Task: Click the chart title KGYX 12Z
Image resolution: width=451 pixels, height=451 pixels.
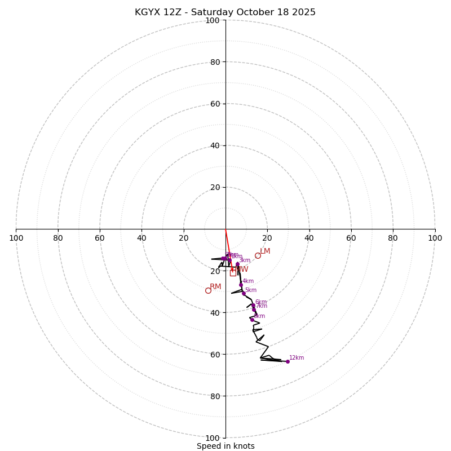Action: [x=225, y=12]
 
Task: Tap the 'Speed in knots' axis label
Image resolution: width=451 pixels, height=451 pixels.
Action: [x=225, y=446]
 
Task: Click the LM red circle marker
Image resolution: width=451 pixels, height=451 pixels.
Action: [x=258, y=255]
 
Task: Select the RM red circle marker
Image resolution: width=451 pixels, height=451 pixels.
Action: [x=208, y=290]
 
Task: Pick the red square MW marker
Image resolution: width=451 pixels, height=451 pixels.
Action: [x=233, y=273]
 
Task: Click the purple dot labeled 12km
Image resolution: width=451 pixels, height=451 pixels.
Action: [x=288, y=361]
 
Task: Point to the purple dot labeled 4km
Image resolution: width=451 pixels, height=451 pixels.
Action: [x=241, y=285]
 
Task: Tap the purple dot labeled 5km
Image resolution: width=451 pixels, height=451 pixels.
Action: [x=244, y=293]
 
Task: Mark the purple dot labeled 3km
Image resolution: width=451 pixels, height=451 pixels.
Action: [x=237, y=264]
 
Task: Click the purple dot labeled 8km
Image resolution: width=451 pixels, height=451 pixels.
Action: [x=252, y=320]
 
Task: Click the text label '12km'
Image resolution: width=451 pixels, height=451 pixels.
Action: [x=297, y=357]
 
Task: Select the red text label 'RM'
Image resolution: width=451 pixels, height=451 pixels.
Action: [x=215, y=287]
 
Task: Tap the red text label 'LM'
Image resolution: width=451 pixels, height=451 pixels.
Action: [x=265, y=251]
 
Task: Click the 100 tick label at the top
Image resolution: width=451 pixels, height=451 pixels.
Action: [x=212, y=20]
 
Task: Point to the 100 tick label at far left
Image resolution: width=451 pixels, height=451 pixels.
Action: [x=16, y=238]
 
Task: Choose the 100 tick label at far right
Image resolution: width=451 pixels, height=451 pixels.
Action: [x=435, y=238]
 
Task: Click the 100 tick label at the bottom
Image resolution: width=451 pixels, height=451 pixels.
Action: [x=212, y=437]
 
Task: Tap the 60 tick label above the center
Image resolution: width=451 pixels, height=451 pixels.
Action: [x=214, y=104]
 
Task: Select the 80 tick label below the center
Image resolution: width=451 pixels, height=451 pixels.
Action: [x=214, y=396]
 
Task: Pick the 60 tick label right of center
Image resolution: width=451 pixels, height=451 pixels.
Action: [x=351, y=238]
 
